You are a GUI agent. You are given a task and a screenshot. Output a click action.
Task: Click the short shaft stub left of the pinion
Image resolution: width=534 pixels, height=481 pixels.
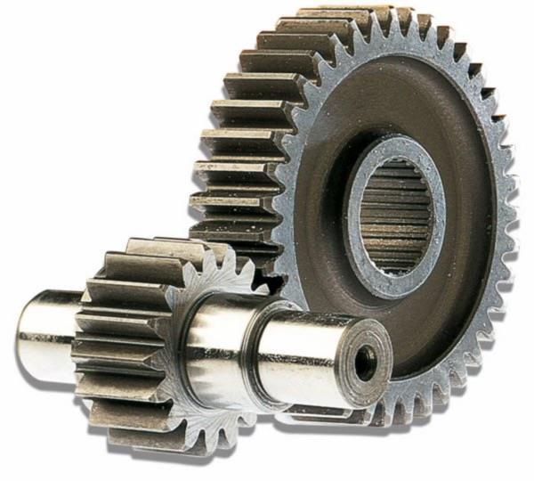(x=49, y=330)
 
